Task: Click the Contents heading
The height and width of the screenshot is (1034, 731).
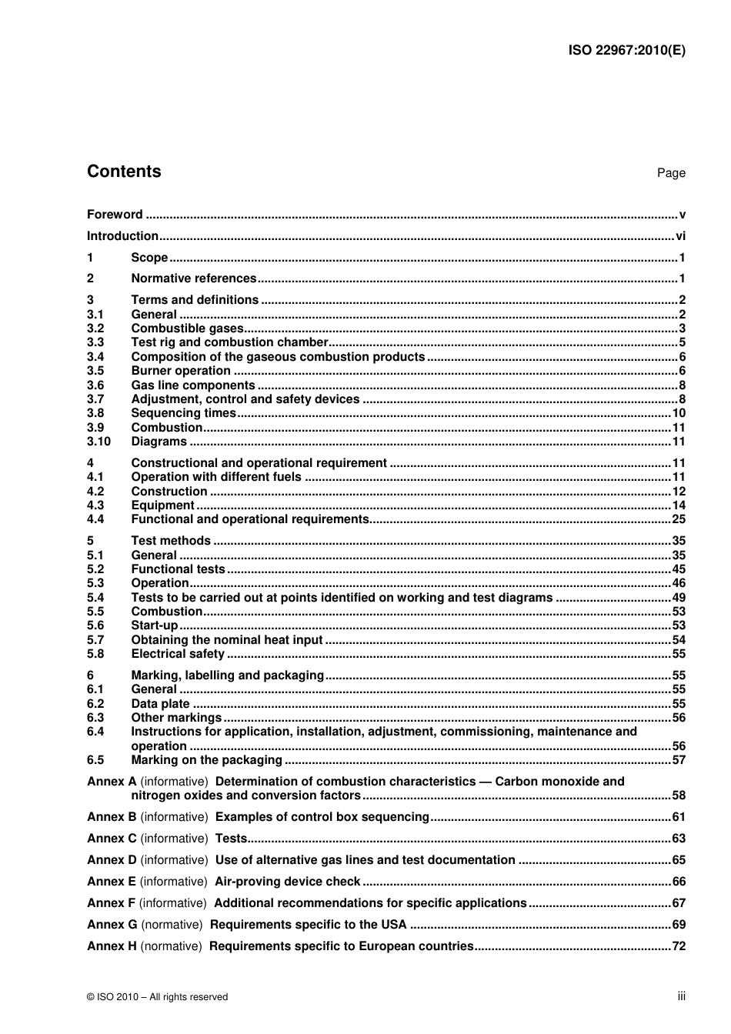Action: [124, 172]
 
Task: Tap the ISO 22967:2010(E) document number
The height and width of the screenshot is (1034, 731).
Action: [626, 51]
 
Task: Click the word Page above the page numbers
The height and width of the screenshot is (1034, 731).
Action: [671, 173]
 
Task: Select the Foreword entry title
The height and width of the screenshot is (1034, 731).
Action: [115, 215]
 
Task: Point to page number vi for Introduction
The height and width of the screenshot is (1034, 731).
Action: [680, 236]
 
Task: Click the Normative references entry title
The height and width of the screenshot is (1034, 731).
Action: [193, 279]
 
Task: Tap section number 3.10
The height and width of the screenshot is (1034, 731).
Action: [98, 442]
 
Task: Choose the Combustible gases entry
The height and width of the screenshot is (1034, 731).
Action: [187, 329]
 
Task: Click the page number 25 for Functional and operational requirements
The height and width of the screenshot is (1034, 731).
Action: [678, 519]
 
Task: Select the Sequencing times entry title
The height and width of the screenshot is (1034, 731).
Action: [183, 413]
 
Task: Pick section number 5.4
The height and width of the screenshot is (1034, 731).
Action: [95, 598]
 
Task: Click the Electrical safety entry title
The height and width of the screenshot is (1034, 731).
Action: [178, 654]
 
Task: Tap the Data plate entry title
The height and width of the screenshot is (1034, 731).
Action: [160, 704]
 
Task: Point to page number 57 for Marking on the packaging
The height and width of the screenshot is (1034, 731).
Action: [678, 760]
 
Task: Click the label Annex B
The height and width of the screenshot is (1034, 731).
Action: [112, 817]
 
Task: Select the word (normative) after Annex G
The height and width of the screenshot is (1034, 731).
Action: [172, 925]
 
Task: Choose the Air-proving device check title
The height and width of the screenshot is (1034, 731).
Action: [287, 882]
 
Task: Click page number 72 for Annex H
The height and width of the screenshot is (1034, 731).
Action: [678, 946]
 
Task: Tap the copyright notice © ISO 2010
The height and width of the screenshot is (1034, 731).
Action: [158, 997]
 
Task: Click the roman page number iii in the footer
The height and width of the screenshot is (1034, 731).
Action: [681, 996]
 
